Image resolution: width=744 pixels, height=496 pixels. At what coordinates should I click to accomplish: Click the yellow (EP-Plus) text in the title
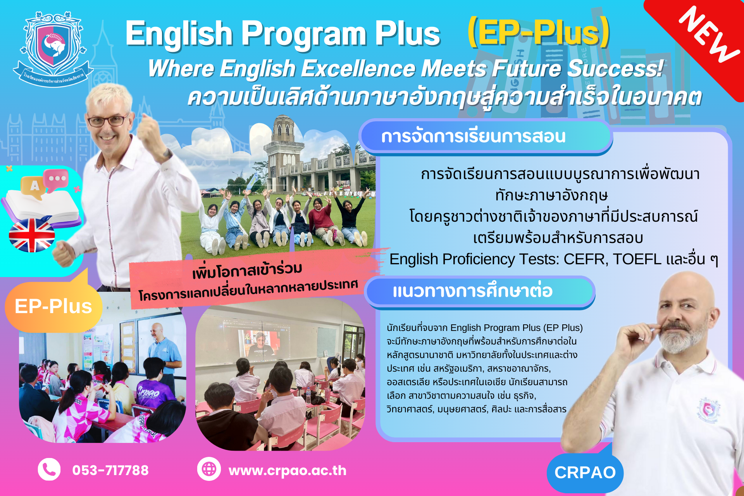(x=539, y=33)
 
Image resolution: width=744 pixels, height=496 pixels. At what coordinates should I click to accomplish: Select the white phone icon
(x=49, y=469)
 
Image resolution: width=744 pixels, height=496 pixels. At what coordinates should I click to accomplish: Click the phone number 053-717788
(x=110, y=470)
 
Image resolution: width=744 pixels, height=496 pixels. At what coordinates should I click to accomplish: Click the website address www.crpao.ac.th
(x=288, y=470)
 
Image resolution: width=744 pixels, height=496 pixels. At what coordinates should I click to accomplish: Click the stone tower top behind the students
(x=283, y=128)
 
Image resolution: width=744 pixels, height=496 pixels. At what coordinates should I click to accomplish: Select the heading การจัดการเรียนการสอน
(x=474, y=136)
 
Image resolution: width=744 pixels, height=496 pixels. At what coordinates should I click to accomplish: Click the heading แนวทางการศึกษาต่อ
(x=472, y=291)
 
